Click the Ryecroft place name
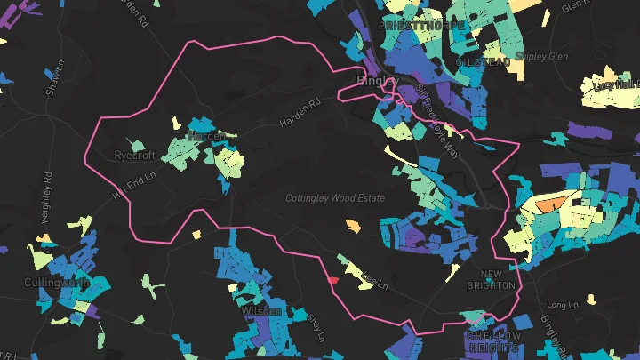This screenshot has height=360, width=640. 135,155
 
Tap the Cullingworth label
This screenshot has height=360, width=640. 56,282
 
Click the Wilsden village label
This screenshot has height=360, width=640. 261,311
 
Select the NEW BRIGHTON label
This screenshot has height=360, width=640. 497,280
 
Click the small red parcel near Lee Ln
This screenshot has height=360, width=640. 333,280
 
